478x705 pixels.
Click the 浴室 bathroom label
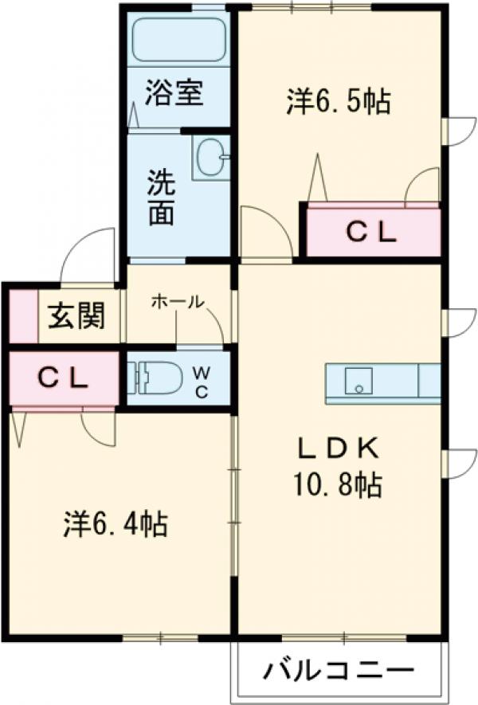click(x=174, y=93)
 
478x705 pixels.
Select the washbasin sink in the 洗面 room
click(x=210, y=157)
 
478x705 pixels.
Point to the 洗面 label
click(x=160, y=198)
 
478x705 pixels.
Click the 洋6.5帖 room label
click(x=338, y=101)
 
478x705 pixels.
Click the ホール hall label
click(x=176, y=302)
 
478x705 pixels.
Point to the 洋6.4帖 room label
click(x=115, y=523)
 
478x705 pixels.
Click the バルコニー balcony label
click(x=339, y=669)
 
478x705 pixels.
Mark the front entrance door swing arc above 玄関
click(x=90, y=255)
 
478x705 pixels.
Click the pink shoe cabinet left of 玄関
click(x=22, y=317)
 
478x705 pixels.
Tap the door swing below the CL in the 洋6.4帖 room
click(x=99, y=427)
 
